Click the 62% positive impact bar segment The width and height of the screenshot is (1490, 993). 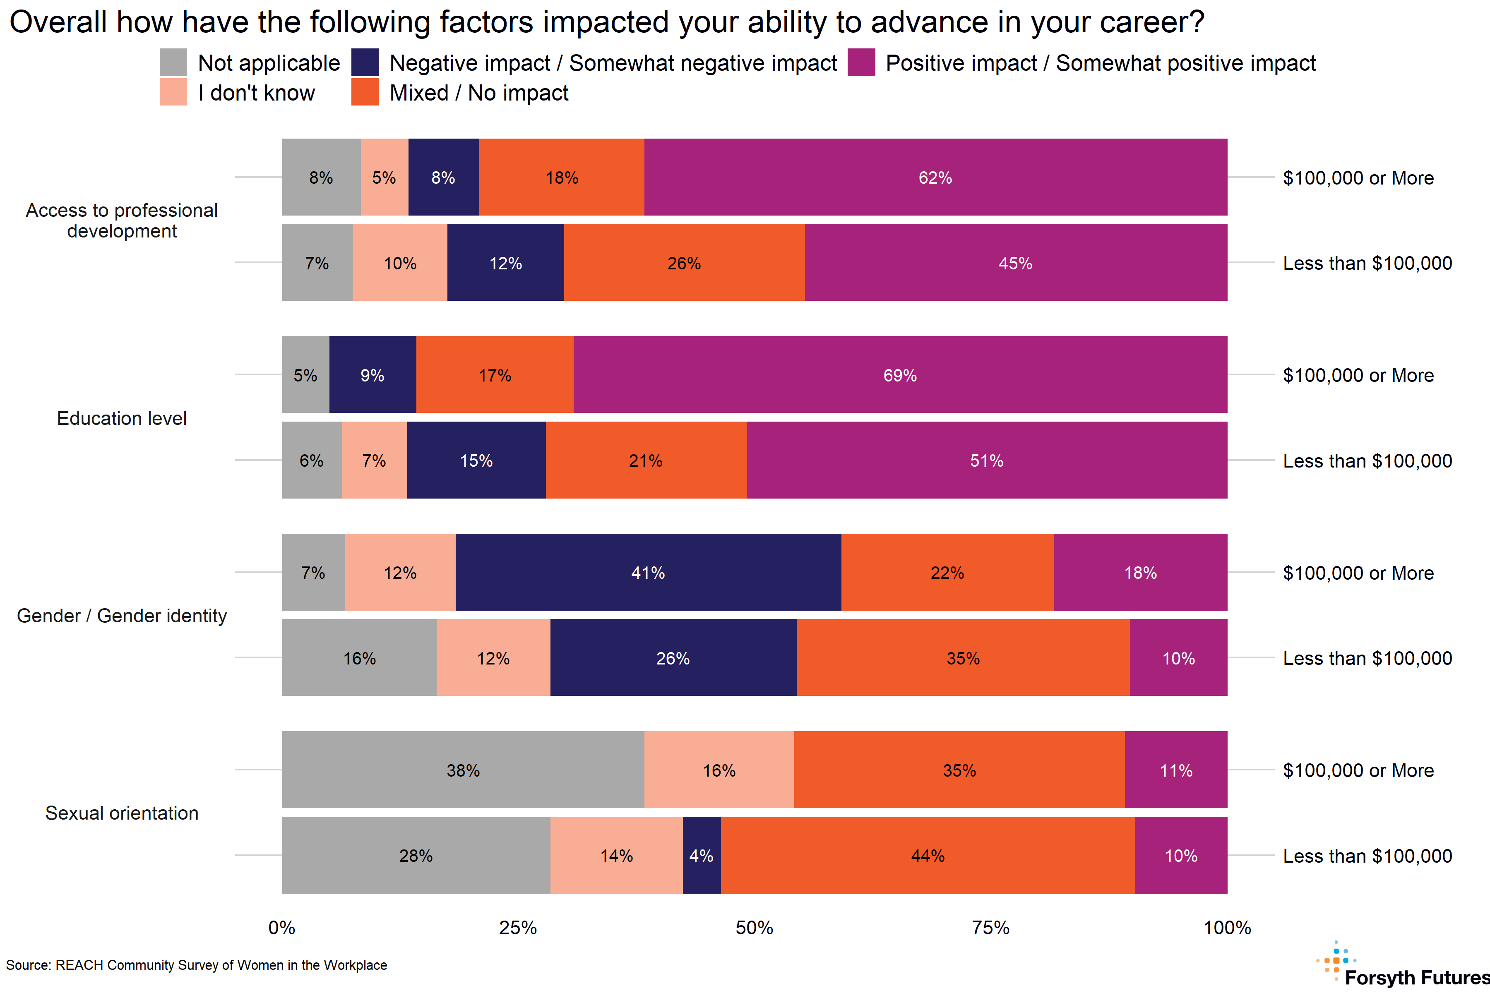pos(935,177)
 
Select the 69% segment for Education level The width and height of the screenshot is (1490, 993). pos(899,375)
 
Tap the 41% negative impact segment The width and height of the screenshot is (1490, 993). pos(647,573)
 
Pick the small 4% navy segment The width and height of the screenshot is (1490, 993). pos(701,856)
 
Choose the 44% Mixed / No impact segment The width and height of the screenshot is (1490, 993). pos(928,856)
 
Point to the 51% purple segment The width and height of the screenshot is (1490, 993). pos(986,461)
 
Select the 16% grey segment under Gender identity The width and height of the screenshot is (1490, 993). pos(359,658)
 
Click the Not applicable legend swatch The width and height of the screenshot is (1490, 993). pos(173,62)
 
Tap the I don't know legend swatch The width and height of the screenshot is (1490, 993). pos(173,92)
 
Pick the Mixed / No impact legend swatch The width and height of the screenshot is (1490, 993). pos(365,92)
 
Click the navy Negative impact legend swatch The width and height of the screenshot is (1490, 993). pos(365,62)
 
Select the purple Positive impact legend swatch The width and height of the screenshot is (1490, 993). pos(861,62)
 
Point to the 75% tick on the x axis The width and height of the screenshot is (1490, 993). pos(990,928)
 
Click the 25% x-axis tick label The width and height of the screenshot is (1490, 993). pos(518,928)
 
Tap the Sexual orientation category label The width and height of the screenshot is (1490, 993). pos(122,813)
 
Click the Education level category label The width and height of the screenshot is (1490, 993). pos(122,418)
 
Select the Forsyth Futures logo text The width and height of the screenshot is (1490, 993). pos(1416,977)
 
